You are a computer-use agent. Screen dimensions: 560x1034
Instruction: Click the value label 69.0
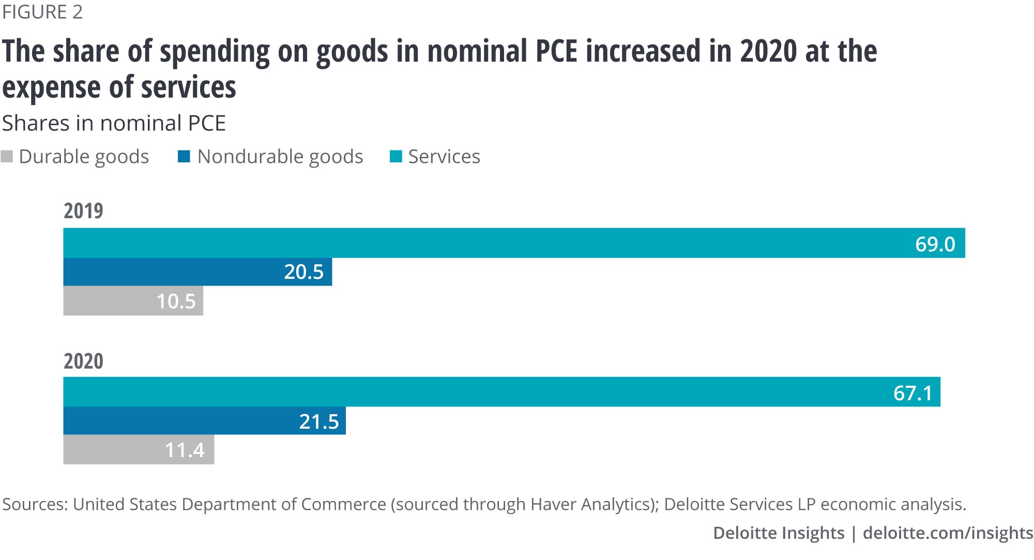click(935, 244)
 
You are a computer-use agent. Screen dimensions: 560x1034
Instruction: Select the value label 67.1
click(913, 393)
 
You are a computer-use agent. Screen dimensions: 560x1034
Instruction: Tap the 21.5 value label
click(318, 422)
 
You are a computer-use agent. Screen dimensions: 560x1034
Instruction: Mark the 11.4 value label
click(185, 450)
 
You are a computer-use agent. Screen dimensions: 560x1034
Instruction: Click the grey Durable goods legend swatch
click(7, 157)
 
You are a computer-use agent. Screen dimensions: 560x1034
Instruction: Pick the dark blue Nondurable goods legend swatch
click(184, 157)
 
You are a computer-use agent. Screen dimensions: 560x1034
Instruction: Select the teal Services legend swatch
click(396, 157)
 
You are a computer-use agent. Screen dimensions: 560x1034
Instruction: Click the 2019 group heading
click(83, 211)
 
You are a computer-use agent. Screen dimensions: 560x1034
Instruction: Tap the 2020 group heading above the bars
click(83, 361)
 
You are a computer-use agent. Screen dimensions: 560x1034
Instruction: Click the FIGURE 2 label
click(42, 12)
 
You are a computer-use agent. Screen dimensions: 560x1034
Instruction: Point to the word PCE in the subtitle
click(207, 124)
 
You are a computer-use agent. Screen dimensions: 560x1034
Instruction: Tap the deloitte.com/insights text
click(948, 533)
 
